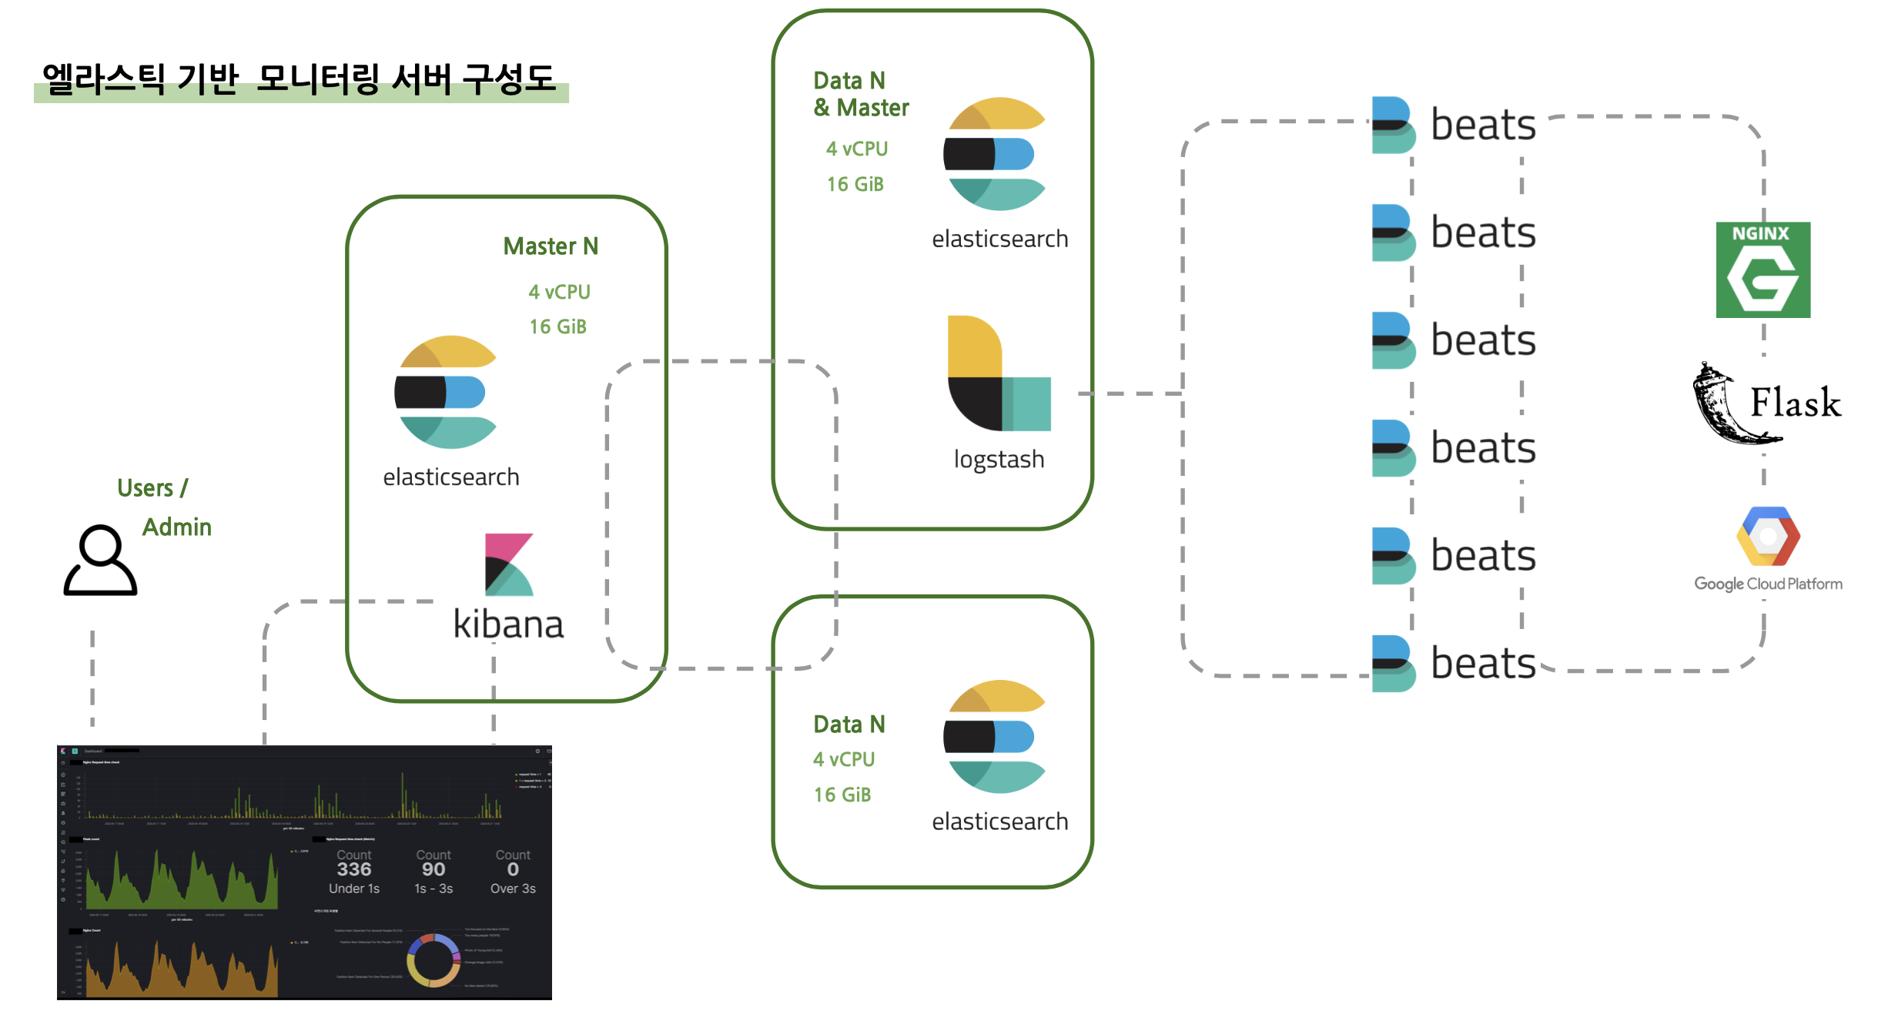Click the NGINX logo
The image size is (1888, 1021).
tap(1762, 269)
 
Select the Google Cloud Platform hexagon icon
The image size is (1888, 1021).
tap(1768, 537)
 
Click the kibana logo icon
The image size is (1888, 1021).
tap(508, 564)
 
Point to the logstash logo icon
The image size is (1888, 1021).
tap(999, 373)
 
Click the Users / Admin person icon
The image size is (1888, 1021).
tap(100, 561)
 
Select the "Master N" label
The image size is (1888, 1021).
tap(551, 246)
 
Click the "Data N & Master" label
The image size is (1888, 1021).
tap(861, 94)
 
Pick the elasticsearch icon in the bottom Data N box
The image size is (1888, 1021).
tap(995, 737)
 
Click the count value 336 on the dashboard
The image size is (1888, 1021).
tap(354, 869)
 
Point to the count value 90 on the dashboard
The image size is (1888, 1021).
tap(434, 869)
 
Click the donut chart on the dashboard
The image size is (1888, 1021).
tap(434, 960)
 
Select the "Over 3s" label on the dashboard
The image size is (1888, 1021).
tap(513, 889)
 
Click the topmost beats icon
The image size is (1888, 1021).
tap(1393, 125)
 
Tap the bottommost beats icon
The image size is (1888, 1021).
tap(1393, 663)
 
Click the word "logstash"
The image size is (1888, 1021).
tap(999, 459)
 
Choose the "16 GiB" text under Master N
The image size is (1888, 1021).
tap(557, 327)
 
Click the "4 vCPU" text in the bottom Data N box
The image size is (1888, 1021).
tap(844, 759)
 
